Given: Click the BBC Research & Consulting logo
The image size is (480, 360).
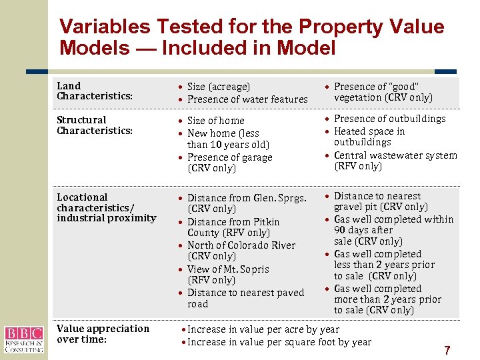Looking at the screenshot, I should pos(23,339).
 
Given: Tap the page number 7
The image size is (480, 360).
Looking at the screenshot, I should pos(447,350).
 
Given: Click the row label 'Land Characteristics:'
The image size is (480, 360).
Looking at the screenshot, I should pos(95,91).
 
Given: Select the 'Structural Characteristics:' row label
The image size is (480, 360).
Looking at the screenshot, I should pos(95,125).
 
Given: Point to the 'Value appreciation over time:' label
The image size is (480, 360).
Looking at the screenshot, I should pos(103,334).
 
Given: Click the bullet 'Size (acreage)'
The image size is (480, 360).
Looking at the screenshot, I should pos(219,87).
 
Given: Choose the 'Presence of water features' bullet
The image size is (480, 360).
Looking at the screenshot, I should pos(247,99).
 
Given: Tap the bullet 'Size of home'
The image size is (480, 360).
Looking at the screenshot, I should pos(216,121).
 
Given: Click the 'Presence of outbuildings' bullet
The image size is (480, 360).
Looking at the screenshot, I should pos(389,119).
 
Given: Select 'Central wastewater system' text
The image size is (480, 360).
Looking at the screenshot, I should pos(395,155).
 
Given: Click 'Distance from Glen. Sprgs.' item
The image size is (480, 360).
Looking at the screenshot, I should pos(247,198).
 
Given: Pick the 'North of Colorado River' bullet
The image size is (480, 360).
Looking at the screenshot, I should pos(241,245).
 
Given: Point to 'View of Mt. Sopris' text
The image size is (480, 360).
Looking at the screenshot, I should pos(228,269).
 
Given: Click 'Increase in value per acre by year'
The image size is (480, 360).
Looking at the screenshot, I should pos(263,329).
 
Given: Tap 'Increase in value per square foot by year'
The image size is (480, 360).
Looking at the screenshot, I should pos(279,342).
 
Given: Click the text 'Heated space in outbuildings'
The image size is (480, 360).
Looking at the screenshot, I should pos(369,137).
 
